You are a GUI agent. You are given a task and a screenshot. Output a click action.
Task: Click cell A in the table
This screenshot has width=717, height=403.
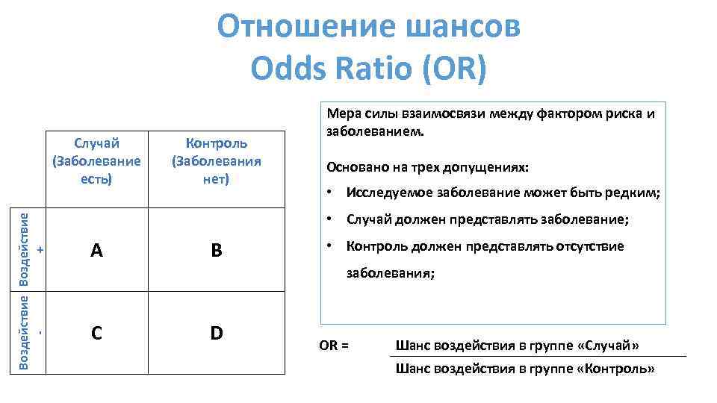click(x=96, y=251)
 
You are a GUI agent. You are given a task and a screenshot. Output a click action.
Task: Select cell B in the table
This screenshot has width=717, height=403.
click(x=216, y=251)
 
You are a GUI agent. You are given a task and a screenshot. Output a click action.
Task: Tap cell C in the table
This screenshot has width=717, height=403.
click(x=96, y=333)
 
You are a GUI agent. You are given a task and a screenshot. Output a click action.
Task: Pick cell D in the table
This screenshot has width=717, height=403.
click(x=216, y=333)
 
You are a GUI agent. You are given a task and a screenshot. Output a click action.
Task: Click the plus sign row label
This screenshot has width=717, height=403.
click(x=40, y=249)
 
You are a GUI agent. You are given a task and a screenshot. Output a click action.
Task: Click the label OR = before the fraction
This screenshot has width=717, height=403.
click(x=334, y=346)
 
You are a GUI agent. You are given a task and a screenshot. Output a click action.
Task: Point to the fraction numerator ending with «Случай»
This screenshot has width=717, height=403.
click(x=517, y=346)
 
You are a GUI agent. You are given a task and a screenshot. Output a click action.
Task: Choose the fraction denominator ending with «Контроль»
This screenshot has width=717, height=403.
click(x=524, y=369)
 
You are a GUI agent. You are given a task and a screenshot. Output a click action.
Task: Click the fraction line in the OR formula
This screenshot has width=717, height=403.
click(x=538, y=357)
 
